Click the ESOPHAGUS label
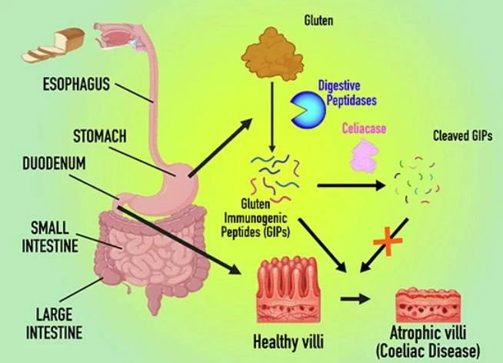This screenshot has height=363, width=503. (x=76, y=85)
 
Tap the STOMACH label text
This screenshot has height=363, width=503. (x=100, y=136)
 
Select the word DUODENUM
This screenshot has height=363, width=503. (x=54, y=163)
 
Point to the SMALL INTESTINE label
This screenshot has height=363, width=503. (x=50, y=237)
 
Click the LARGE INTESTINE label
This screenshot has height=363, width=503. (x=54, y=323)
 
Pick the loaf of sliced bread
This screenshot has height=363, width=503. (x=54, y=45)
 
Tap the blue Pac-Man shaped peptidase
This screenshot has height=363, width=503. (x=308, y=109)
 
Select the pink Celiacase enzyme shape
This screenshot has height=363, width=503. (x=364, y=156)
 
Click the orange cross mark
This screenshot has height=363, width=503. (x=388, y=241)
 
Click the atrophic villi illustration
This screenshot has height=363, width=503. (x=428, y=305)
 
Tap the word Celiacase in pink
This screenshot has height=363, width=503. (x=364, y=128)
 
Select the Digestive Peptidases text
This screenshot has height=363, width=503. (x=347, y=93)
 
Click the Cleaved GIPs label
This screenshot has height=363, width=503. (x=462, y=135)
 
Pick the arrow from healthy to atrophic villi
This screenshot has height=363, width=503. (x=355, y=299)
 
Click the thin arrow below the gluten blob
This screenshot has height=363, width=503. (x=272, y=117)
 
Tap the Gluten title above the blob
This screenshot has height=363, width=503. (x=318, y=21)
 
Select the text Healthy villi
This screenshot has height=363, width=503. (x=288, y=341)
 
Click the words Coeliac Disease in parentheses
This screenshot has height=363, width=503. (x=428, y=351)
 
